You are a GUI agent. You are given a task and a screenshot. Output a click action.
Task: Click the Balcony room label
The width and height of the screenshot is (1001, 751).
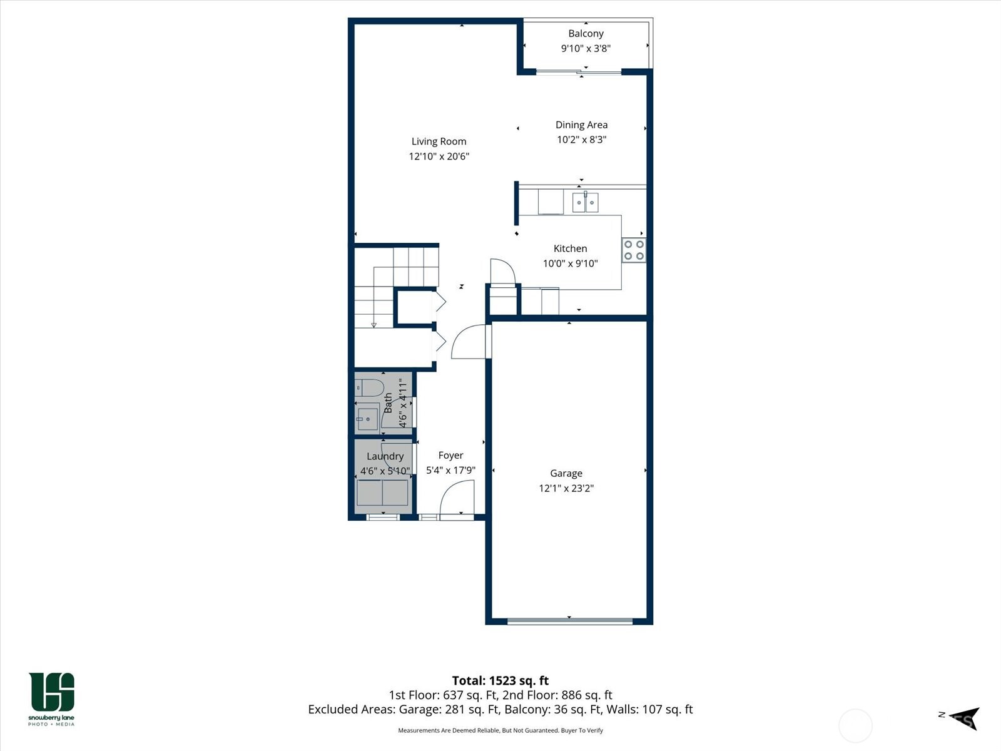(x=586, y=34)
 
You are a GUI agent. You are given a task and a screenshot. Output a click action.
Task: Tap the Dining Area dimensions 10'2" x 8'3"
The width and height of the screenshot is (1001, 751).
(x=581, y=140)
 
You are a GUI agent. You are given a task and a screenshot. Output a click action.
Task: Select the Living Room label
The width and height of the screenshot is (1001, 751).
(x=439, y=141)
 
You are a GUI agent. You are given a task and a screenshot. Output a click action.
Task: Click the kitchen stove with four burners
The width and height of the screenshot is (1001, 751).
(x=633, y=250)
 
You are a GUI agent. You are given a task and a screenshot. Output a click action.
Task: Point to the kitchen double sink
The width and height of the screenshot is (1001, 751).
(x=585, y=203)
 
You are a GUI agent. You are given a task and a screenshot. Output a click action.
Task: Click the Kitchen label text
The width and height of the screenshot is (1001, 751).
(x=570, y=248)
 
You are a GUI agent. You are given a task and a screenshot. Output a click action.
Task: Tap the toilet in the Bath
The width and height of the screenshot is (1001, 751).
(x=368, y=387)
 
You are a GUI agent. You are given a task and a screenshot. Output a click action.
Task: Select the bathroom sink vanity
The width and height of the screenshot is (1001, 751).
(x=367, y=418)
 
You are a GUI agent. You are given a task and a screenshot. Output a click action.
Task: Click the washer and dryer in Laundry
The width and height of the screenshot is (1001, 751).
(x=382, y=493)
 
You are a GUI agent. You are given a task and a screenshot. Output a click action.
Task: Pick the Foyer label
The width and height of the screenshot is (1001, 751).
(x=450, y=456)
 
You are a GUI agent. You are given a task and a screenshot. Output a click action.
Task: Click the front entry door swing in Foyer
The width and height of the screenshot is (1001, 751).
(x=457, y=499)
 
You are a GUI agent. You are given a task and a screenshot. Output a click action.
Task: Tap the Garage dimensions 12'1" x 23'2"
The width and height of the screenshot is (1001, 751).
(x=566, y=488)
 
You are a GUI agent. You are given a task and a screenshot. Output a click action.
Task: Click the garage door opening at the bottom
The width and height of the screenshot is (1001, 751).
(x=569, y=621)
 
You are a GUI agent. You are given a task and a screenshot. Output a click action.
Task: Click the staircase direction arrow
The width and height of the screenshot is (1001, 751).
(x=373, y=325)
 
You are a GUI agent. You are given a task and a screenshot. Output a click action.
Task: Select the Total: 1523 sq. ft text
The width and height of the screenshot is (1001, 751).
(x=500, y=680)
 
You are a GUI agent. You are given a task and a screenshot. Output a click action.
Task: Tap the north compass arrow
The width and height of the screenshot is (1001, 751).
(x=963, y=717)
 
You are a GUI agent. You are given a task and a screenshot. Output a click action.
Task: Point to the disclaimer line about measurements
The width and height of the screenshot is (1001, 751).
(x=500, y=730)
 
